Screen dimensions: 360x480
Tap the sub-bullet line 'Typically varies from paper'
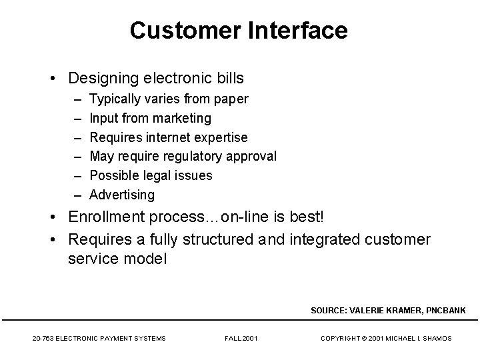169,99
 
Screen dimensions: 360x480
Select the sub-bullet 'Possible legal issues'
151,175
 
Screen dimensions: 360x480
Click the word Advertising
122,195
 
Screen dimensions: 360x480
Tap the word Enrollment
109,218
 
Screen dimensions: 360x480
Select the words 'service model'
117,258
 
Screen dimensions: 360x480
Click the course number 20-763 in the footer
43,339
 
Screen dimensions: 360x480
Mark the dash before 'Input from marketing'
77,118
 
